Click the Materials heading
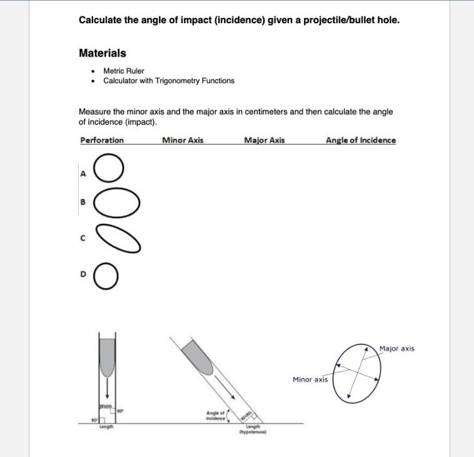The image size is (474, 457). point(102,53)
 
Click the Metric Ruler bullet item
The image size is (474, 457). point(123,71)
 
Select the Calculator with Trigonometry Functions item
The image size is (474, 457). point(168,81)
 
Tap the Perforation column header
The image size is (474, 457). point(102,140)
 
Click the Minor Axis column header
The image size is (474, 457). point(183,140)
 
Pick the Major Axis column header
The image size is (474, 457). point(264,140)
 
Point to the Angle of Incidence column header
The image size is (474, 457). point(360,140)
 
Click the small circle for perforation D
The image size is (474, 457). point(106,277)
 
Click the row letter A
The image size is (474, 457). point(82,174)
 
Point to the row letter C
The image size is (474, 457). point(82,238)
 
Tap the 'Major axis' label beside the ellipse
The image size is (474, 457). point(396,349)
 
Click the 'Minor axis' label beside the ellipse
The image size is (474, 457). point(310,379)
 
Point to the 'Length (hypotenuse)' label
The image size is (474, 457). point(253,429)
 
